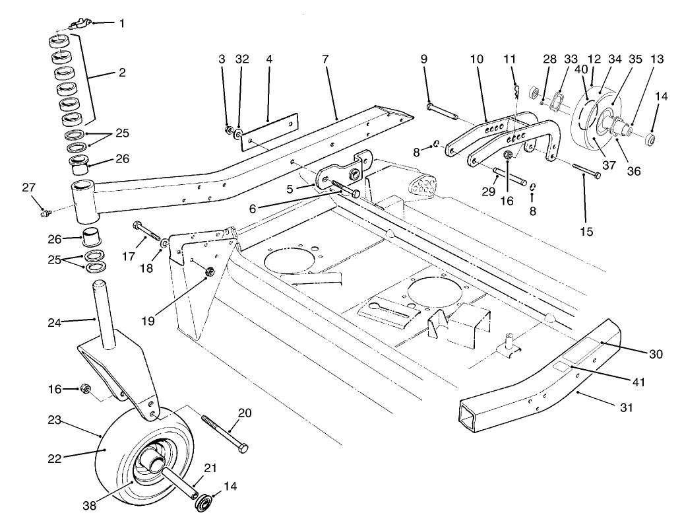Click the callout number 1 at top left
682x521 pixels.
point(121,24)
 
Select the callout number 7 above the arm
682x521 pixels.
point(325,59)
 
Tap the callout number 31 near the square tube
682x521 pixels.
point(625,408)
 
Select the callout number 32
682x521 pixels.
point(242,59)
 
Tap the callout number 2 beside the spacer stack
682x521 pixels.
point(121,73)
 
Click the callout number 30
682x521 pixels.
point(656,355)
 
